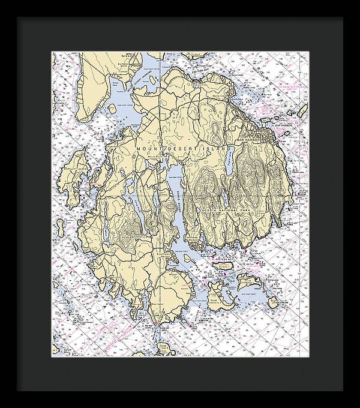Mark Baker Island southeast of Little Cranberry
275,304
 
